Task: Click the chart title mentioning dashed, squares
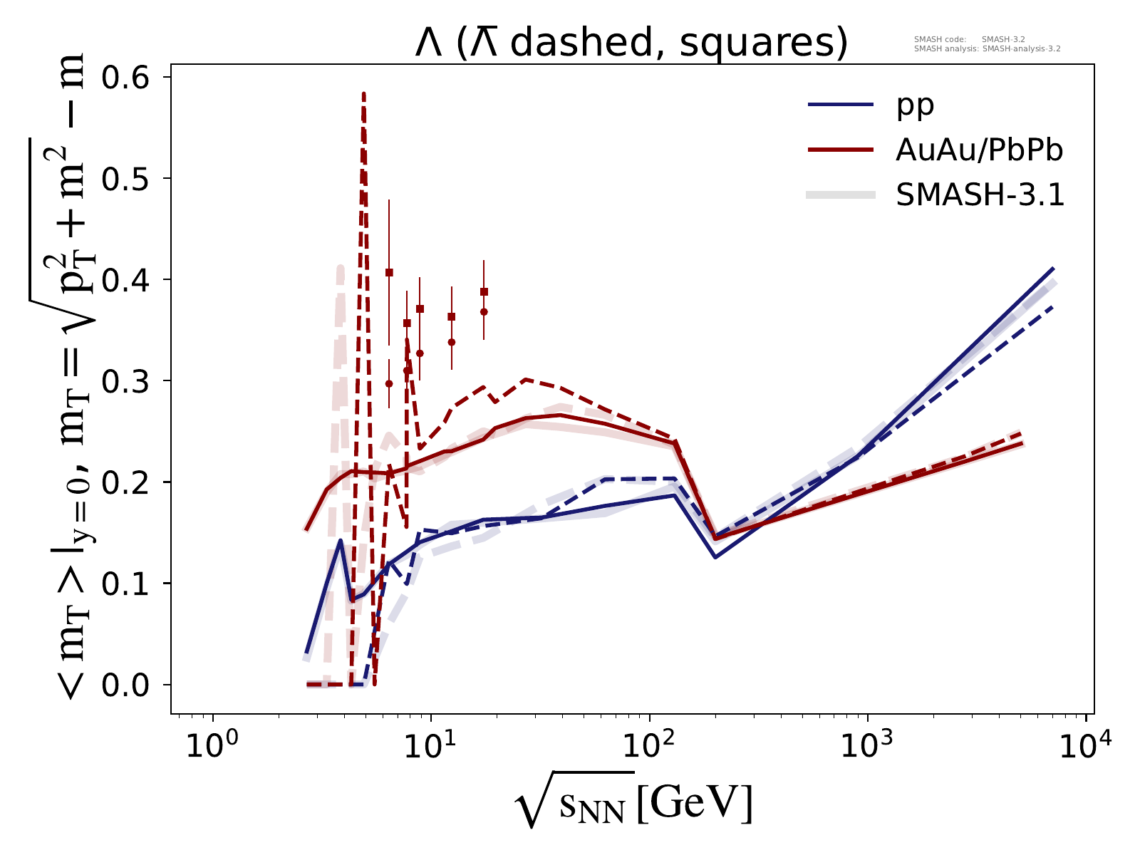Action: [x=631, y=44]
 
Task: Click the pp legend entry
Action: [x=915, y=105]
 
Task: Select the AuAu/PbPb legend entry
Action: [x=980, y=150]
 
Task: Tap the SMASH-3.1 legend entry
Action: [x=980, y=195]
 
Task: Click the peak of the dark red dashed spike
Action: [x=363, y=93]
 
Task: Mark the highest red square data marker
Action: [x=389, y=272]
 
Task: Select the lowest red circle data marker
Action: [x=389, y=383]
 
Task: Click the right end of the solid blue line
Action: [x=1053, y=268]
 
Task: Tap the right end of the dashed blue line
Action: [x=1053, y=307]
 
